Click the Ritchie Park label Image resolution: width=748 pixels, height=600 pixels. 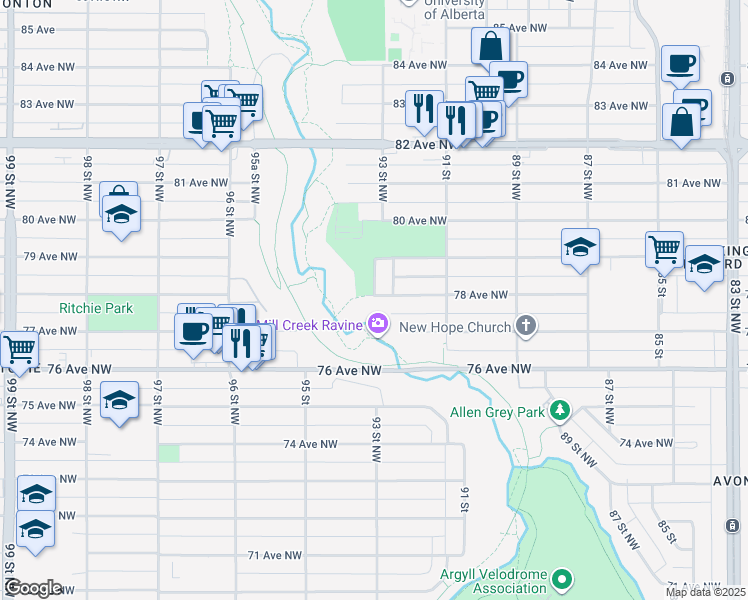(96, 308)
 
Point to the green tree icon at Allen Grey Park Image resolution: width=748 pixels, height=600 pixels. (561, 410)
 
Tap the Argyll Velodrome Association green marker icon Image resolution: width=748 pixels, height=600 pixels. (563, 579)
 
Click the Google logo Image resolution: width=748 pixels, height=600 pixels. (32, 588)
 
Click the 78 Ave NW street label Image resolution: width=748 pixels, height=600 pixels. (481, 295)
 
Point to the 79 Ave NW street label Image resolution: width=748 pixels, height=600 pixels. (50, 256)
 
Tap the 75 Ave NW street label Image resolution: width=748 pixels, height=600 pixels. (50, 405)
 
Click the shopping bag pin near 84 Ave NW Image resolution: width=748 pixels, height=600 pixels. (491, 47)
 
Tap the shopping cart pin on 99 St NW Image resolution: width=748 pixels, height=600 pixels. (18, 351)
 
